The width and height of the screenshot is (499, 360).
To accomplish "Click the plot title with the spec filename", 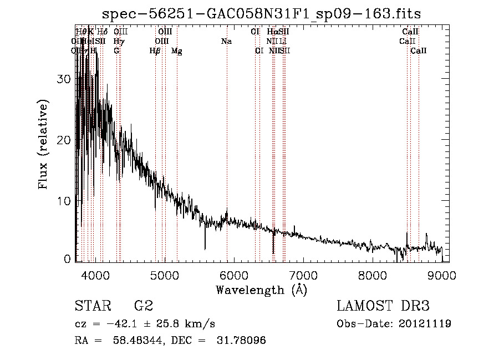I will point(266,14).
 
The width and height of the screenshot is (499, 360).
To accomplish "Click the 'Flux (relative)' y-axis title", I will point(43,144).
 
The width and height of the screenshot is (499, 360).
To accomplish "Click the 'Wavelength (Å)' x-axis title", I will point(261,290).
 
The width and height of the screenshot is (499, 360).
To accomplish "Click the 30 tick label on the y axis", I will point(65,79).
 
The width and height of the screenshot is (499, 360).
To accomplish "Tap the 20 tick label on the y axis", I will point(65,140).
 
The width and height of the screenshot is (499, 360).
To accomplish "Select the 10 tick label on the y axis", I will point(65,201).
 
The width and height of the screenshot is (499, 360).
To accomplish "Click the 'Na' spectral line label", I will point(226,42).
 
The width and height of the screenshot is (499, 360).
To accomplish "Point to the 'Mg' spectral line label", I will point(177,51).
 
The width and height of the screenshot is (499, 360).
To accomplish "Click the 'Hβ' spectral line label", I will point(155,51).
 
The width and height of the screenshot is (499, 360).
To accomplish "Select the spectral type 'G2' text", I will point(144,306).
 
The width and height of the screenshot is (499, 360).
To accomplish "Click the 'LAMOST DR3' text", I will point(383,306).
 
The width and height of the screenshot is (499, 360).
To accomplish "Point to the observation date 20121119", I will point(425,323).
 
